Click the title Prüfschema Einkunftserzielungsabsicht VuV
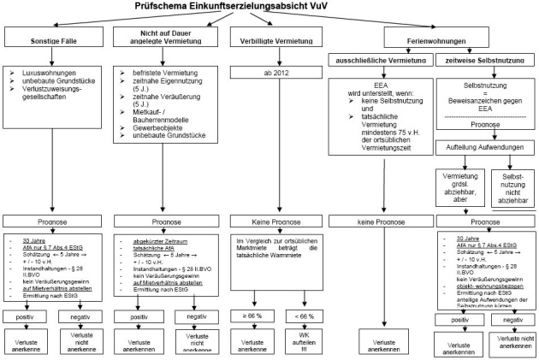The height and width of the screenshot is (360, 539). pos(269,7)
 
